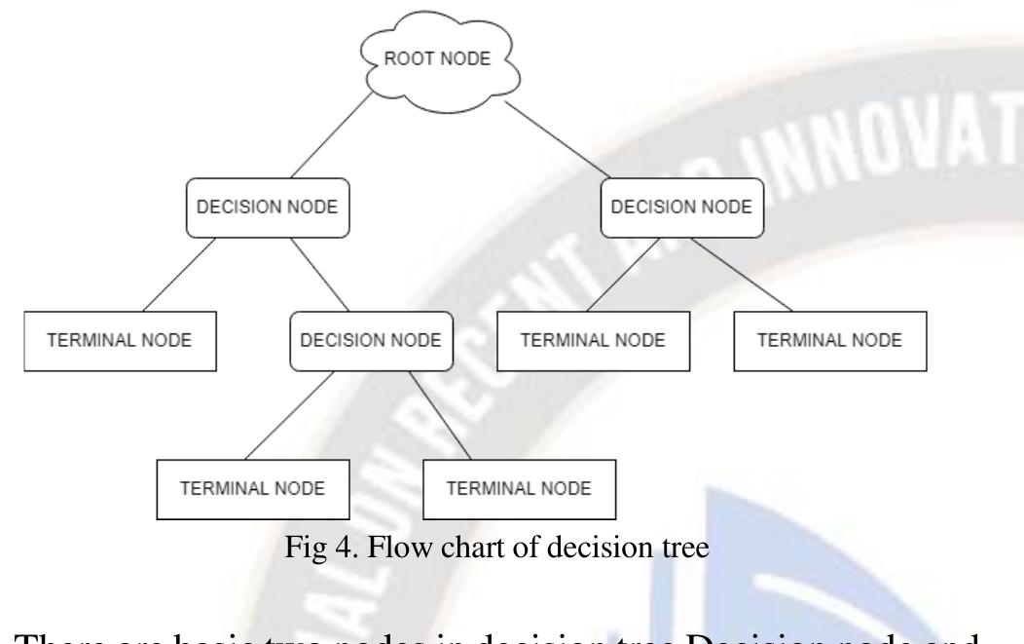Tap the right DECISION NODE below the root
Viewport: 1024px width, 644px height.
pos(681,206)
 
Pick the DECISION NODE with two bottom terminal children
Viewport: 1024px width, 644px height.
pos(372,341)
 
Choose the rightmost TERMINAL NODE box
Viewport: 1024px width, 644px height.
pos(829,341)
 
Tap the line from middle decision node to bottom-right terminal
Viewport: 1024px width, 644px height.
pos(443,414)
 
